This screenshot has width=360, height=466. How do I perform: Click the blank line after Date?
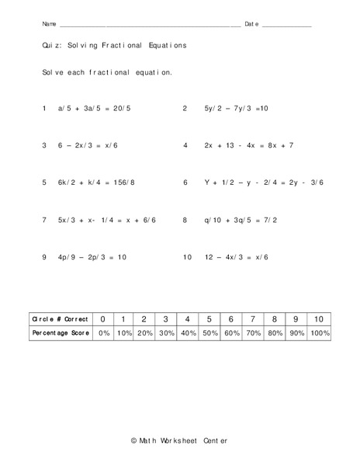click(x=287, y=26)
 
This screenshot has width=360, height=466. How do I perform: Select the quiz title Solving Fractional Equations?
click(x=114, y=46)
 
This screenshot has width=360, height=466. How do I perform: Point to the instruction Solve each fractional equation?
click(x=107, y=72)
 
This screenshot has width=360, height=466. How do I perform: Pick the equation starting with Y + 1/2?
click(x=264, y=183)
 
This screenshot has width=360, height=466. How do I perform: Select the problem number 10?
click(x=187, y=257)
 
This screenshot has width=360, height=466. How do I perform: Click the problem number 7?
click(x=44, y=220)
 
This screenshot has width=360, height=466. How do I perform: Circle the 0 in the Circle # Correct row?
click(x=103, y=318)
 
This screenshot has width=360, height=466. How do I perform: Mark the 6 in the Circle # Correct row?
click(x=230, y=318)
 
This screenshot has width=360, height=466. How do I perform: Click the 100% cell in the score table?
click(x=319, y=332)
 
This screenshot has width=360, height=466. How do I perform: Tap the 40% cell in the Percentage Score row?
click(x=189, y=332)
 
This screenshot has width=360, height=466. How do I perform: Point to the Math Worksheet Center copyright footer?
click(x=180, y=441)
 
